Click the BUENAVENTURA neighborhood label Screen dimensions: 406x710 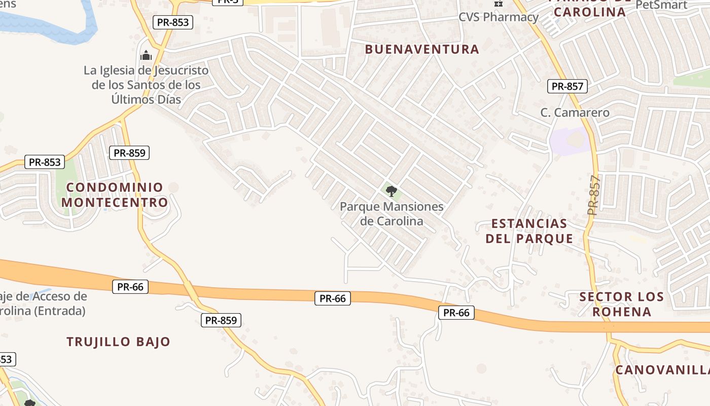point(421,49)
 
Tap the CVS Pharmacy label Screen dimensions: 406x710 point(498,17)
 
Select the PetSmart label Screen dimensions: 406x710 point(661,5)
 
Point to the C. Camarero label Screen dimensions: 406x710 point(575,113)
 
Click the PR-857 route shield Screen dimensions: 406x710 point(567,86)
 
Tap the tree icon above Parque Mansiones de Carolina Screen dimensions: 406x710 point(391,191)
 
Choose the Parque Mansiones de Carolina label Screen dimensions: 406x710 point(392,214)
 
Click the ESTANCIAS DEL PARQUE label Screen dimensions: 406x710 point(529,231)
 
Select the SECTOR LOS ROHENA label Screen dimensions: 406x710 point(621,304)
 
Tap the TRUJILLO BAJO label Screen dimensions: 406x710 point(118,342)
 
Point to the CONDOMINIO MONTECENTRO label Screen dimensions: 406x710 point(115,195)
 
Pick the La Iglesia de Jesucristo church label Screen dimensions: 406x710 point(146,85)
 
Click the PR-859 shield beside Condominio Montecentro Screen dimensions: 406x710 point(130,153)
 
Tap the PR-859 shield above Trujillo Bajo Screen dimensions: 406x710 point(221,320)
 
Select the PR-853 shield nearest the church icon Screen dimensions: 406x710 point(173,22)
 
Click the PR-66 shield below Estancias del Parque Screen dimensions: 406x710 point(456,313)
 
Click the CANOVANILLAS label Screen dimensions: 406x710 point(662,370)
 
